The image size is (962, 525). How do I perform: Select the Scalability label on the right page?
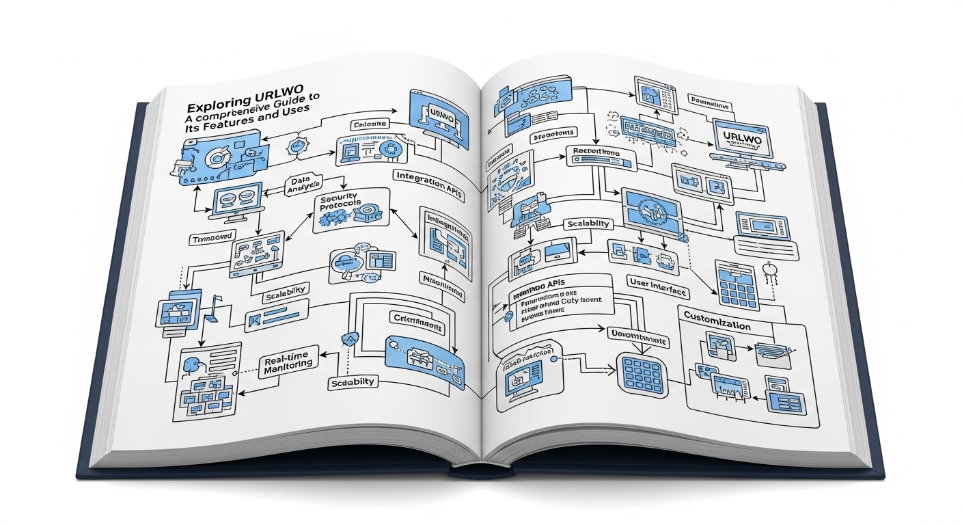(x=588, y=225)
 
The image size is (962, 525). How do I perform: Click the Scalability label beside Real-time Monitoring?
(x=351, y=382)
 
